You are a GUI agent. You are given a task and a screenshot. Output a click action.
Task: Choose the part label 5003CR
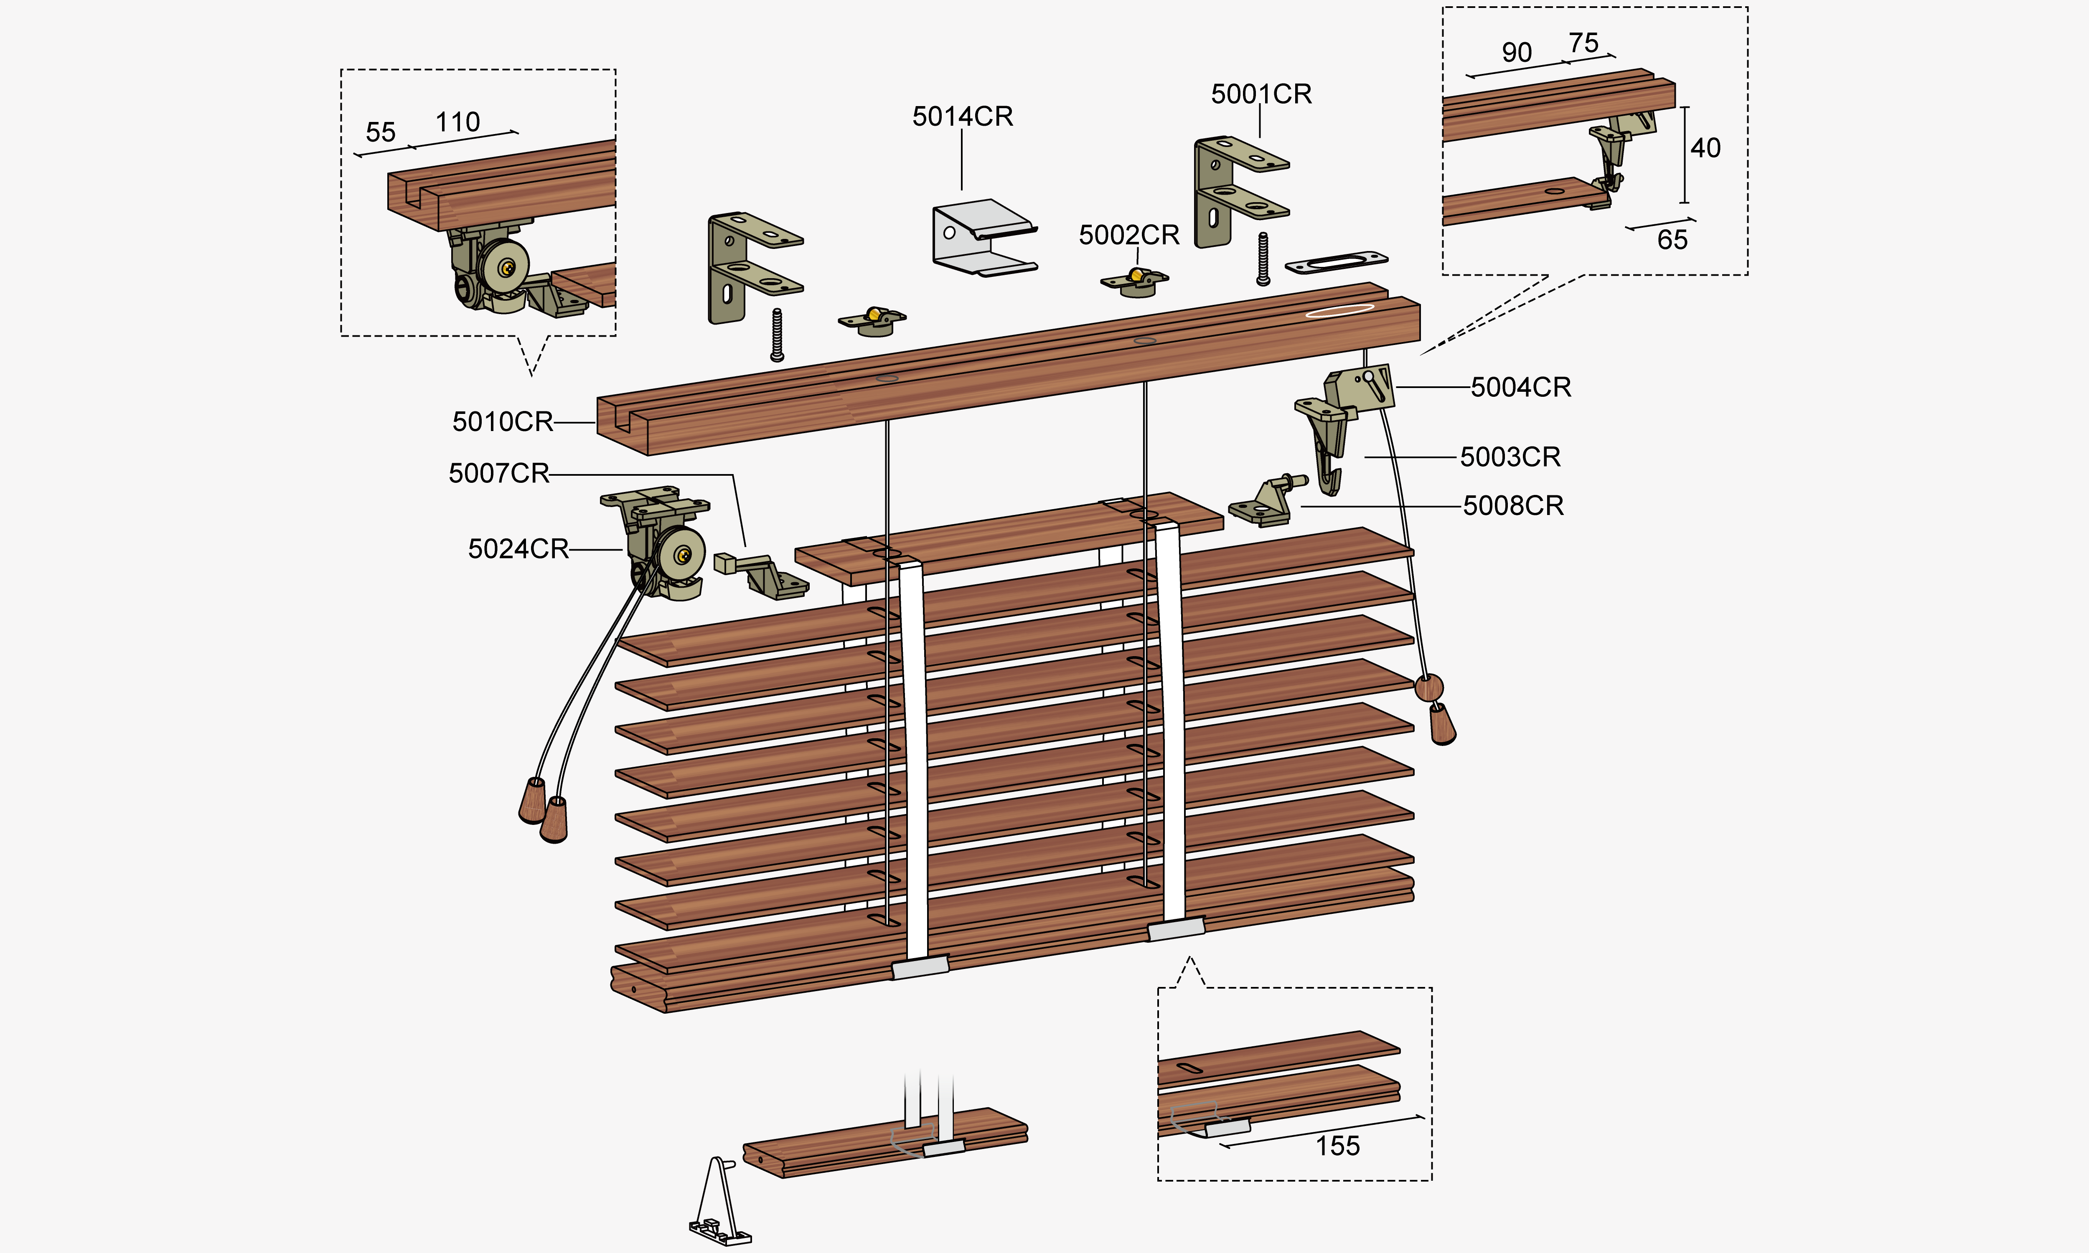pyautogui.click(x=1510, y=457)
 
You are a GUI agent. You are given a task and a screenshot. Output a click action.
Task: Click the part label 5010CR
pyautogui.click(x=503, y=421)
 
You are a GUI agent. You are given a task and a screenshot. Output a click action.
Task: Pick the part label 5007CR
pyautogui.click(x=498, y=473)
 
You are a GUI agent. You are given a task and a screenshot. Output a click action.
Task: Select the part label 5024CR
pyautogui.click(x=518, y=549)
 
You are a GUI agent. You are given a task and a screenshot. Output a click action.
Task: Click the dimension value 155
pyautogui.click(x=1337, y=1146)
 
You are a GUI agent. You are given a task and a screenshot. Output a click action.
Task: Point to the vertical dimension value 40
pyautogui.click(x=1705, y=149)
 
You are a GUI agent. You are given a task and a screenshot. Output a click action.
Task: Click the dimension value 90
pyautogui.click(x=1517, y=52)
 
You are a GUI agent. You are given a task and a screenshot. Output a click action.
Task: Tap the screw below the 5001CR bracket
pyautogui.click(x=1263, y=259)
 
